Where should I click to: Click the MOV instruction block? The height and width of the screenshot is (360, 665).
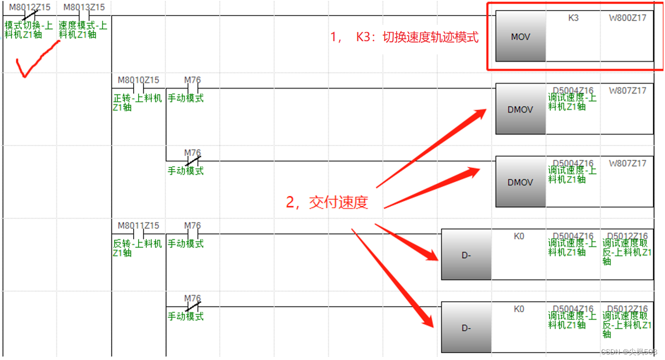520,37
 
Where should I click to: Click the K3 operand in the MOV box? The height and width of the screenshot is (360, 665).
573,18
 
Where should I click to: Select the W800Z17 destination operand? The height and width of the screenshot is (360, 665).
627,18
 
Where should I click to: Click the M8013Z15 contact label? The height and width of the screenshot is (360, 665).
84,8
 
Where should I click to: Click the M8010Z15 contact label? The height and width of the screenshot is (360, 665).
138,80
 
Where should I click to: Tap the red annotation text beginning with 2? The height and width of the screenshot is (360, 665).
327,202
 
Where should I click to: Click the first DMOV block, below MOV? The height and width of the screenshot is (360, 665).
520,109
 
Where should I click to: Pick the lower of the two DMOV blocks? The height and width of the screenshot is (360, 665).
520,182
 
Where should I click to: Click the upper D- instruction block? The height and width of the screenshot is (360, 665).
466,255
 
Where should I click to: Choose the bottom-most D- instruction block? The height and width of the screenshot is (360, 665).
466,328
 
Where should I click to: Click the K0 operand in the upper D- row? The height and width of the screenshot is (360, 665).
519,236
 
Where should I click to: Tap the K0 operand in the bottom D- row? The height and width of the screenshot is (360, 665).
519,309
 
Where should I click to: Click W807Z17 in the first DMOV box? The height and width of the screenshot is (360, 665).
627,91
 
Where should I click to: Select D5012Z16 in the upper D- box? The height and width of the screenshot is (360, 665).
627,236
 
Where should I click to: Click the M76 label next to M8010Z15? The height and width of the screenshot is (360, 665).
193,80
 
